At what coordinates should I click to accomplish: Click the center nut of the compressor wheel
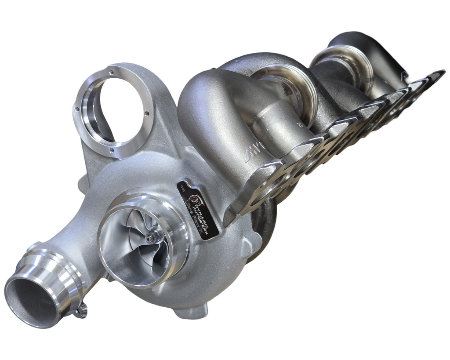151,238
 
